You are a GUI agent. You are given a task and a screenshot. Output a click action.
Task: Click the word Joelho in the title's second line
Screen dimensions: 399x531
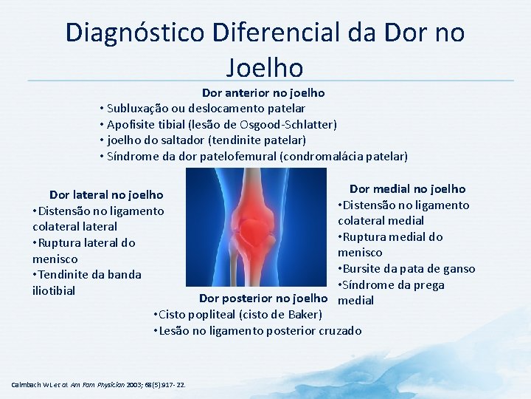pos(265,67)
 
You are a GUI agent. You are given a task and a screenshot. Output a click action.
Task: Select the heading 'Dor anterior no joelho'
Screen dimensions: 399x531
pos(263,93)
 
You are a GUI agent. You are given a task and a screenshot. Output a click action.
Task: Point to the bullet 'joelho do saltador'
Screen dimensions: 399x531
pos(202,140)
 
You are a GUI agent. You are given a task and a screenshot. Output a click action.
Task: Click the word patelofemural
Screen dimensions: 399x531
pos(276,156)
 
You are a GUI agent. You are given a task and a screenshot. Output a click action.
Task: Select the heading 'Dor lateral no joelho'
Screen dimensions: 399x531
pos(106,195)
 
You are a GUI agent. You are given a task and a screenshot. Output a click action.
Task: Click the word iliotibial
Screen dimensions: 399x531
pos(54,290)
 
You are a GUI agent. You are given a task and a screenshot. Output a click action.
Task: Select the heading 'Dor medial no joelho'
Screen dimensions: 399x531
pos(407,189)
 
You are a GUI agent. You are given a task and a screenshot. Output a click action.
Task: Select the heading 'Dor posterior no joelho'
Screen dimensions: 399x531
pos(263,299)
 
